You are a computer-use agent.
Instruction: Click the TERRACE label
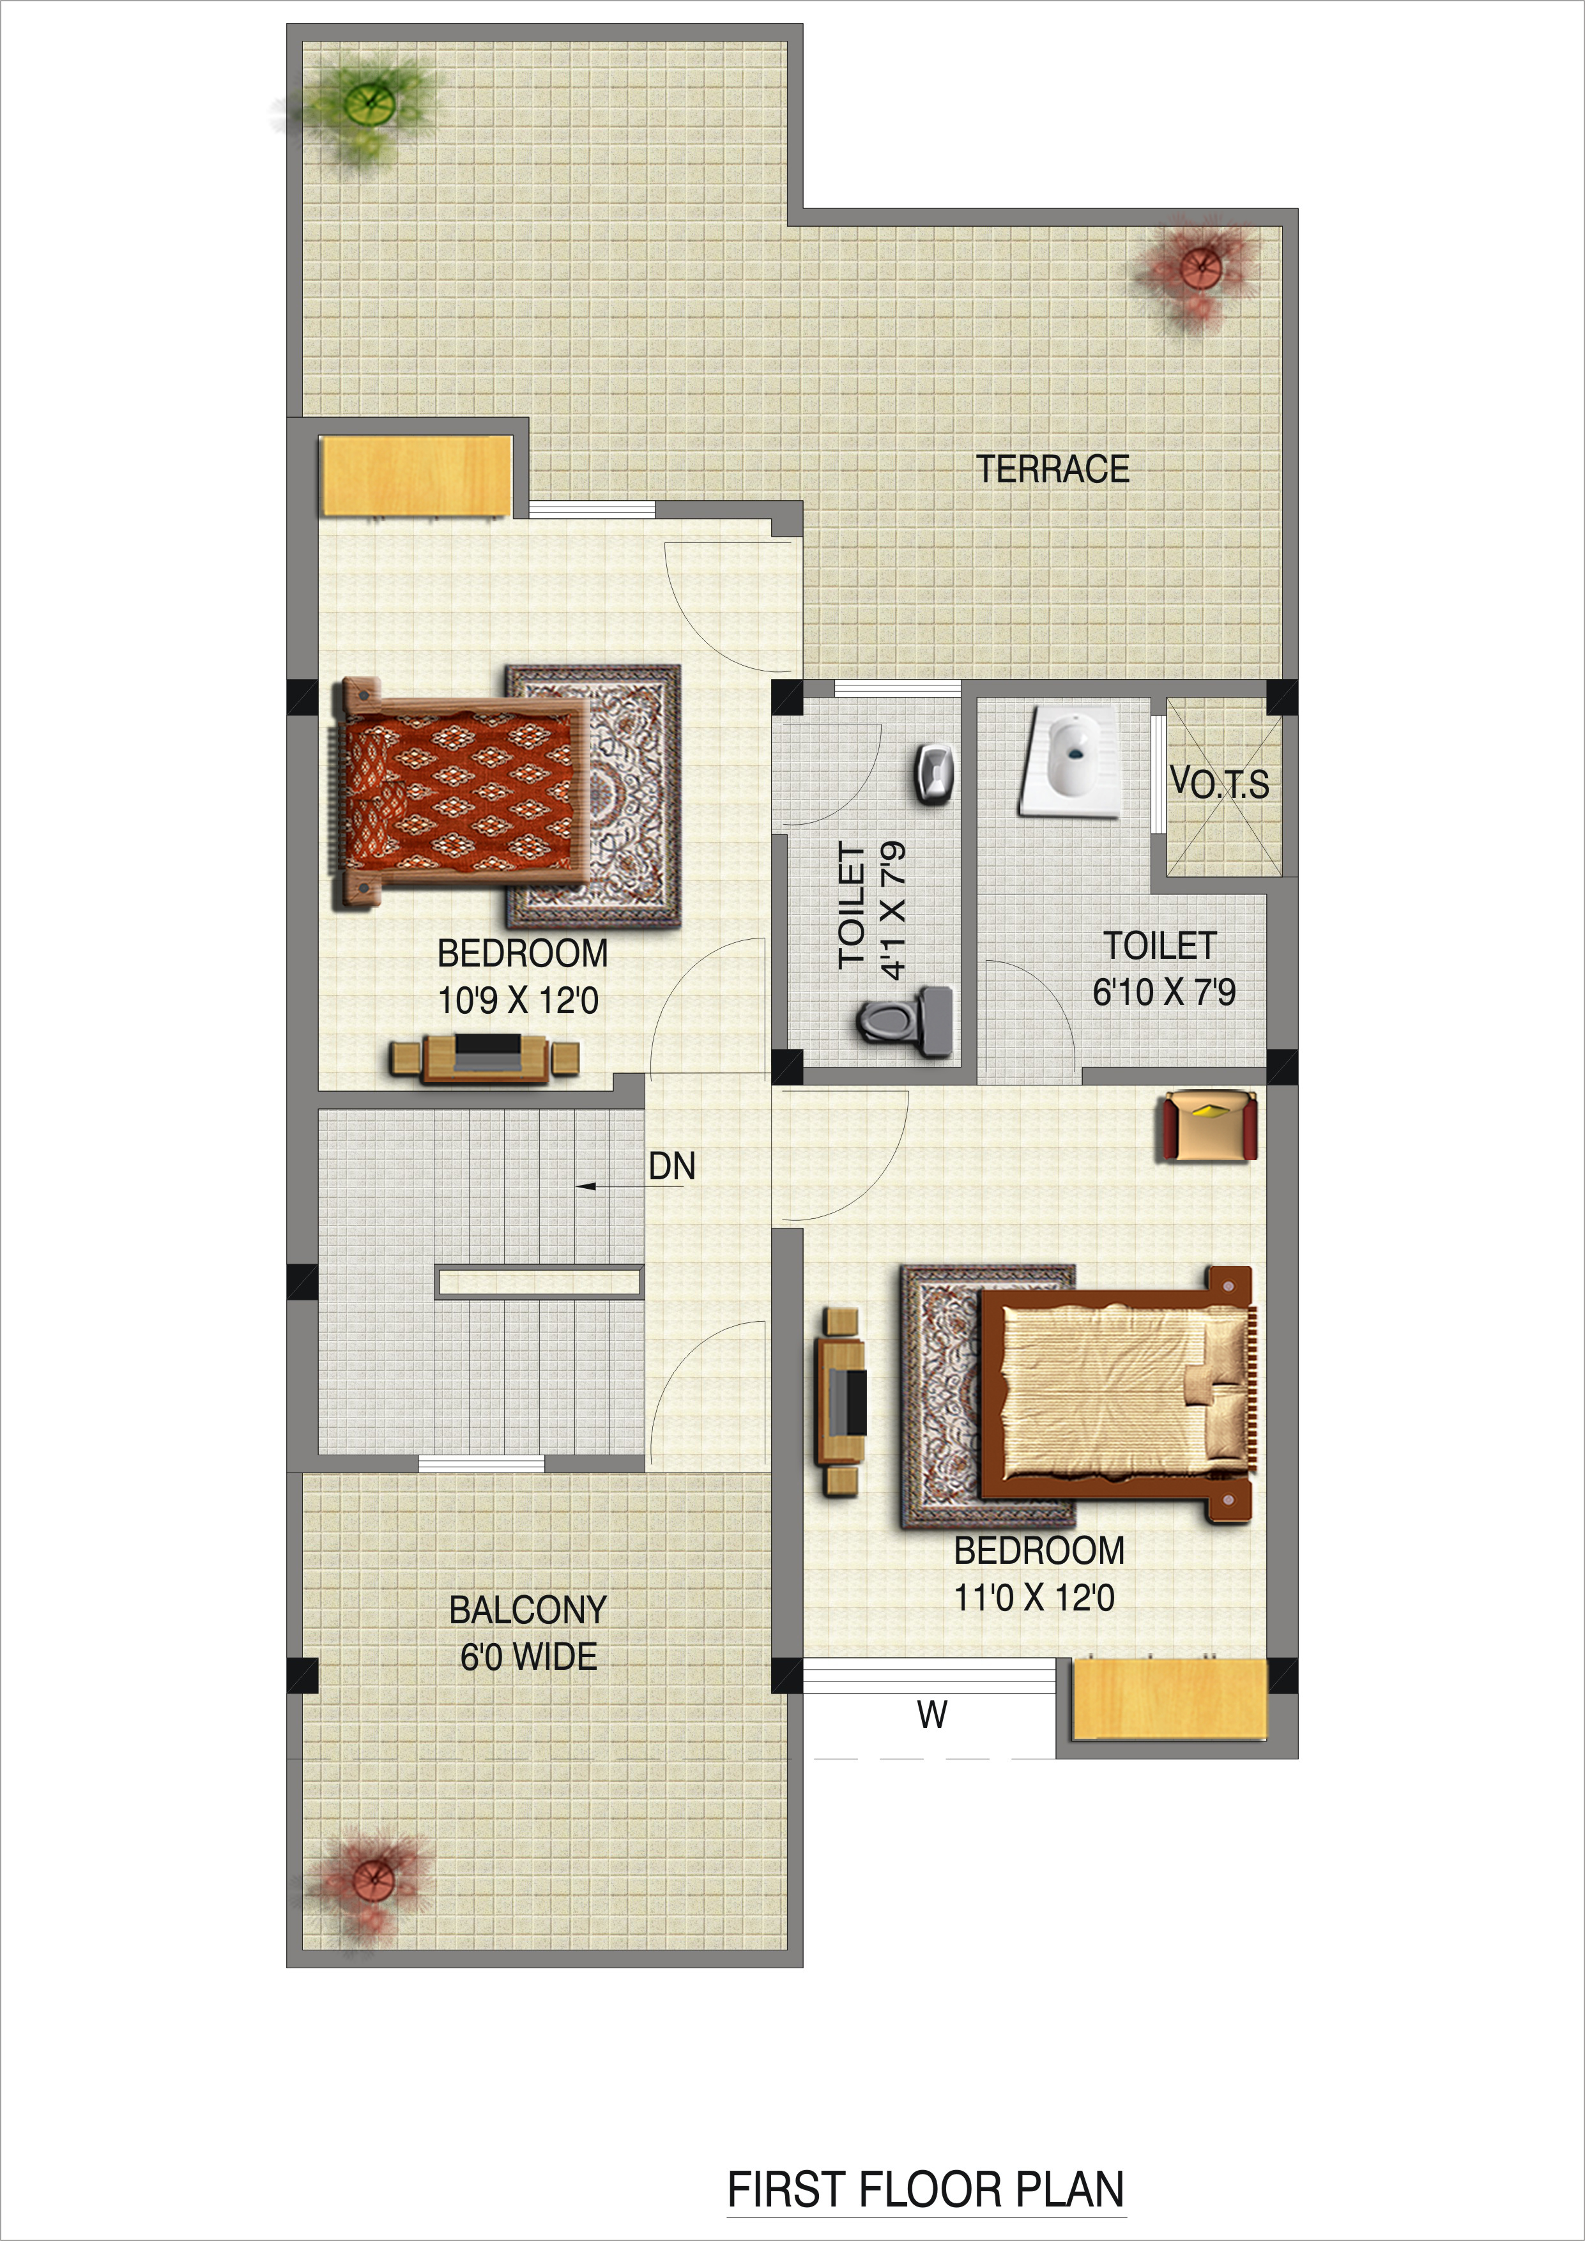coord(1053,470)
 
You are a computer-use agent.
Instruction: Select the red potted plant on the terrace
coord(1197,268)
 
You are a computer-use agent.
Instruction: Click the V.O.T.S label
coord(1220,784)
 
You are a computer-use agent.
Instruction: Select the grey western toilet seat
coord(905,1020)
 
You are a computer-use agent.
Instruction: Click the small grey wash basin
coord(935,773)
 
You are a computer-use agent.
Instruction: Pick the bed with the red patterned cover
coord(461,793)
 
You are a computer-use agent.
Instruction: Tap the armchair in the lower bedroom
coord(1208,1128)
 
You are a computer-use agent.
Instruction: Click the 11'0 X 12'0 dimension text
coord(1034,1598)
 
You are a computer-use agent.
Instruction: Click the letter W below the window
coord(932,1714)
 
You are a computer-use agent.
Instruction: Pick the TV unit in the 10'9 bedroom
coord(485,1058)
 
